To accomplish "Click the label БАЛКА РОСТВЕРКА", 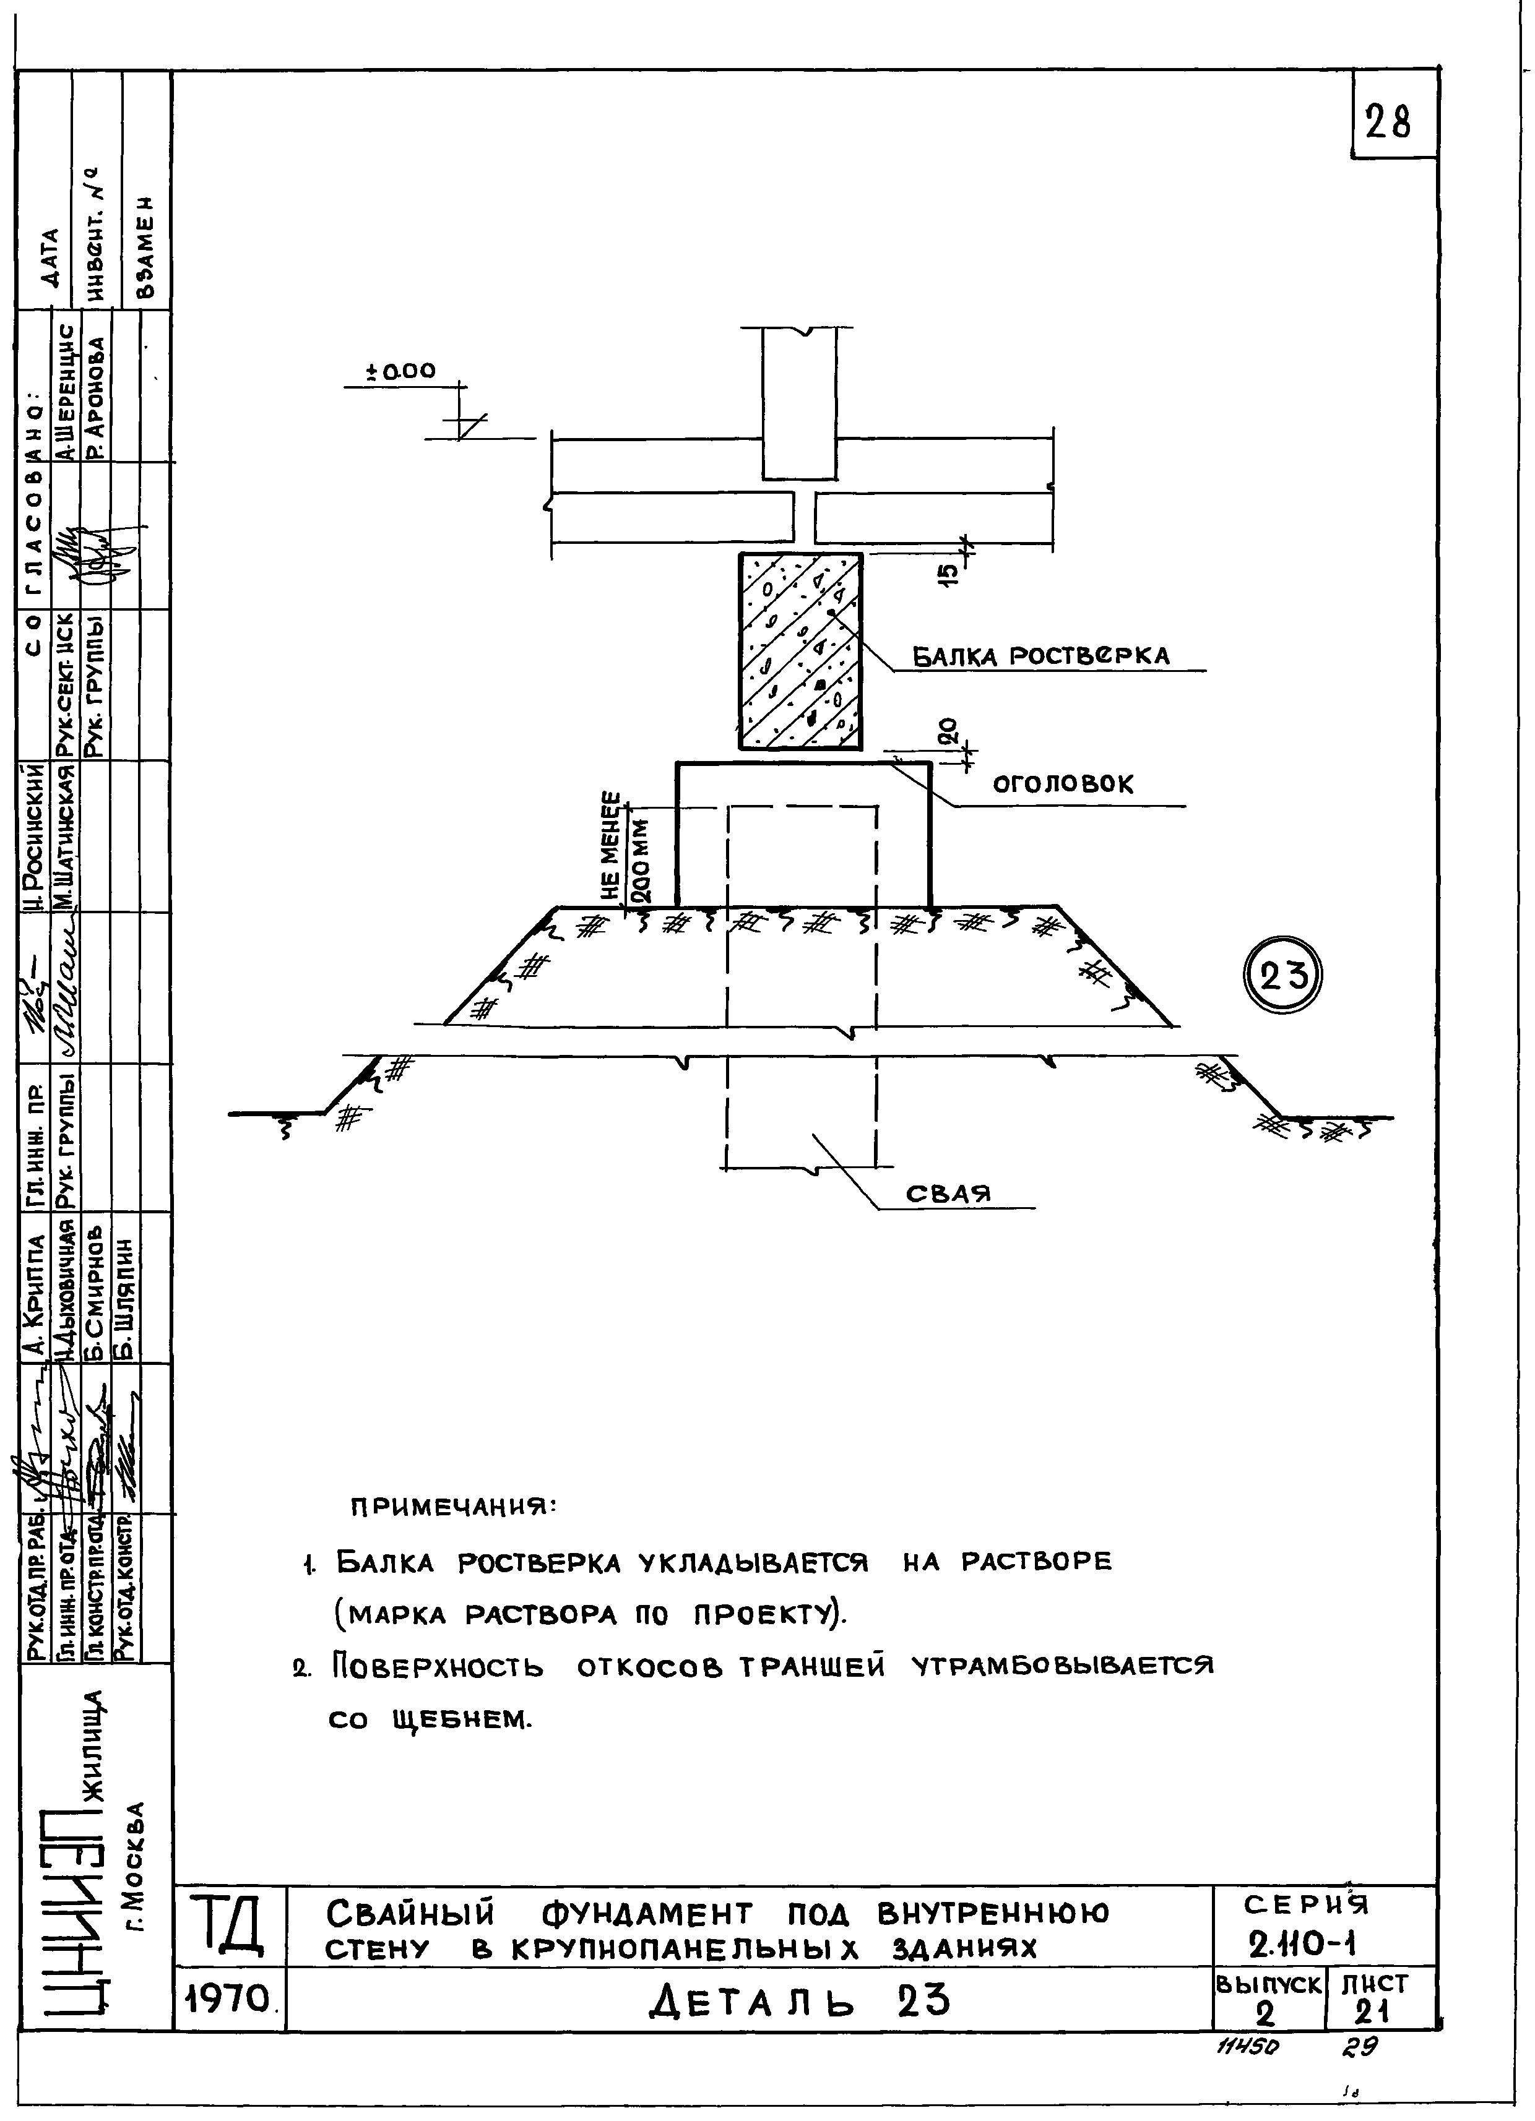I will [1040, 656].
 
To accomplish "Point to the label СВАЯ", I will [948, 1194].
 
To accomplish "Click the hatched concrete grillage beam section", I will [801, 651].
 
